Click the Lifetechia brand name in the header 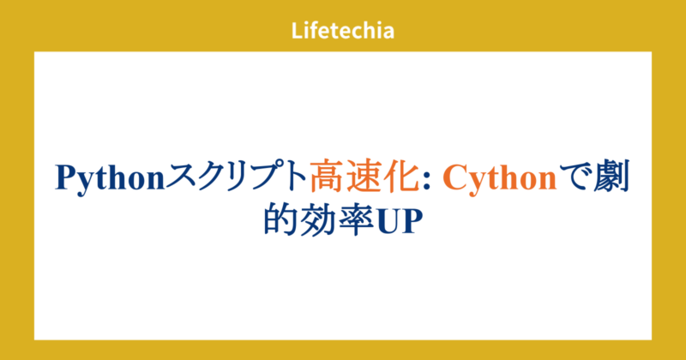tap(342, 32)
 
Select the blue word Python tap(110, 177)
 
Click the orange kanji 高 tap(327, 177)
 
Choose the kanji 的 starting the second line tap(280, 219)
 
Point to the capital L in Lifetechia tap(297, 32)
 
